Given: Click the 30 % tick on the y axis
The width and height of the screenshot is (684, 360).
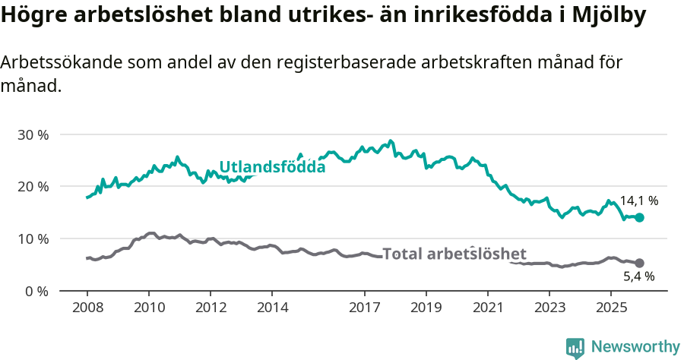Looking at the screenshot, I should coord(33,134).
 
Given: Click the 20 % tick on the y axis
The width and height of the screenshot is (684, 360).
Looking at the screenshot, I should coord(33,187).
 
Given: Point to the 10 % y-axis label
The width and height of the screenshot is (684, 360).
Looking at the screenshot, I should coord(33,238).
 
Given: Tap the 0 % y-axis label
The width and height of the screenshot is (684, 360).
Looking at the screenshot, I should coord(36,291).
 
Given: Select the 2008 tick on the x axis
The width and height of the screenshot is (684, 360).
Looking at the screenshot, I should coord(87,308).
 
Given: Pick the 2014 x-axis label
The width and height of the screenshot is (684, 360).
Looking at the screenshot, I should coord(272,308).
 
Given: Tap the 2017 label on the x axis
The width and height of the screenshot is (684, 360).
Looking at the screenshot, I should coord(364,308).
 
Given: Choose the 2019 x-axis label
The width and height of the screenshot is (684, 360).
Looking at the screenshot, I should coord(426,308).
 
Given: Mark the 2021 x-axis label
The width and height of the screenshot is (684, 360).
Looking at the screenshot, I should coord(488,308).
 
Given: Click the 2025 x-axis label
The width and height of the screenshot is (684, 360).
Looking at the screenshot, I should coord(611,308).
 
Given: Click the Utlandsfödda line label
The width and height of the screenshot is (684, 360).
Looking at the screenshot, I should coord(272,167).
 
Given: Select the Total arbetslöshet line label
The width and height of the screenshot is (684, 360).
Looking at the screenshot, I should coord(454,254).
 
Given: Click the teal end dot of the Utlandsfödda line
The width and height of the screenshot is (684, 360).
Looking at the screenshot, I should coord(639,217).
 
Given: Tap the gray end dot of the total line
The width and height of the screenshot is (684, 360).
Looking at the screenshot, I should coord(639,263).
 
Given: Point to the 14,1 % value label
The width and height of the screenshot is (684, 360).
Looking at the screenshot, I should coord(638,201).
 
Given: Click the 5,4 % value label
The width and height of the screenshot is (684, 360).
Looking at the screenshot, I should coord(638,278).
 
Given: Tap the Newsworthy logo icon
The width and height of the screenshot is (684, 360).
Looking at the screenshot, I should coord(575,347).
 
